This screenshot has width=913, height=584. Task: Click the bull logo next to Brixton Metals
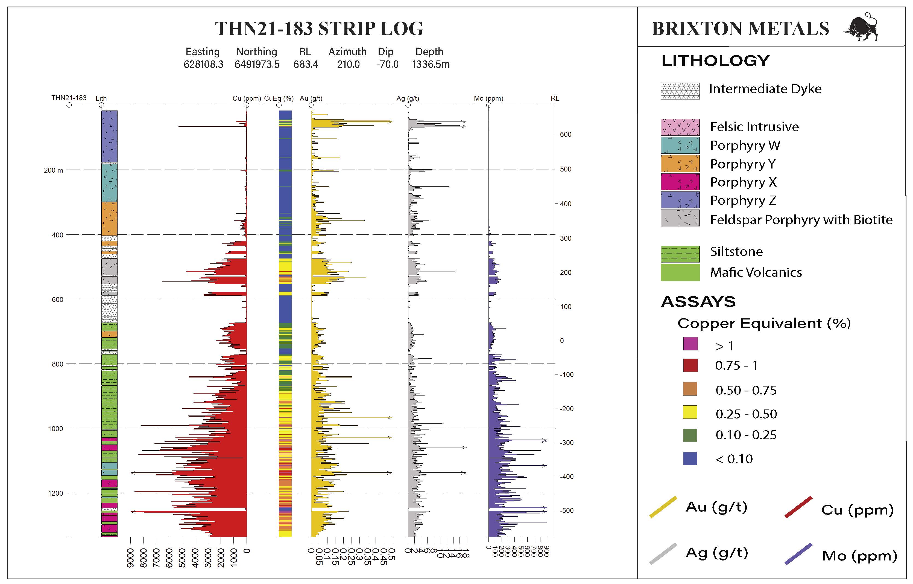pos(861,27)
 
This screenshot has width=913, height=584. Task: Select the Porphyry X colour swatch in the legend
pos(680,182)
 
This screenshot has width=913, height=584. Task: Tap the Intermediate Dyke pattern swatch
pos(680,91)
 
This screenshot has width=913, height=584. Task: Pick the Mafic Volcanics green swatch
pos(680,272)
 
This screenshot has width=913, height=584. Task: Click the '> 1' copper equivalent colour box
pos(690,344)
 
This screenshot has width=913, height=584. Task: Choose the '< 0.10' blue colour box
pos(690,458)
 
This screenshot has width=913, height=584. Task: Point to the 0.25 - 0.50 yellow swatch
pos(690,412)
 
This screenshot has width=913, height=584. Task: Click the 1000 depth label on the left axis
pos(55,428)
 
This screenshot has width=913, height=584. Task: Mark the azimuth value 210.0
pos(349,65)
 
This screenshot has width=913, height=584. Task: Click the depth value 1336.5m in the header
pos(431,65)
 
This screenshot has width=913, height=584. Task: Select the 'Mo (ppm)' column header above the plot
pos(488,98)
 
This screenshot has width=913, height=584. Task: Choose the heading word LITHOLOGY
pos(715,61)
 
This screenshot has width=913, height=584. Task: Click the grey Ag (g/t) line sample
pos(663,554)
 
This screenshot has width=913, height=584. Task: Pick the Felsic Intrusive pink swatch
pos(680,127)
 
